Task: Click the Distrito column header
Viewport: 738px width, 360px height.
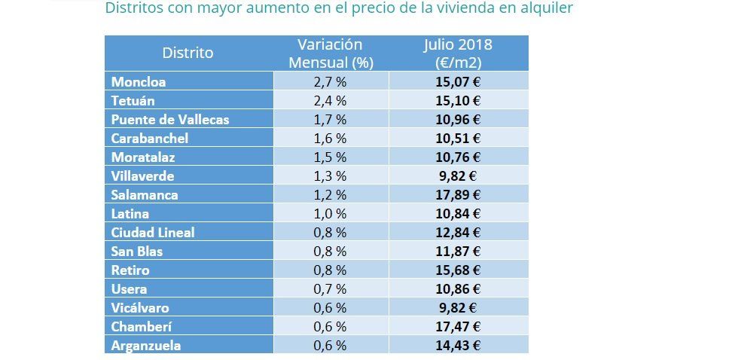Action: [188, 53]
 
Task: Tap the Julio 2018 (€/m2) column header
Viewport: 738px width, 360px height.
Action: [459, 53]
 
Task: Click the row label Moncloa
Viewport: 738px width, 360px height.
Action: [139, 81]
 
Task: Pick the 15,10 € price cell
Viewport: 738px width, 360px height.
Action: [459, 100]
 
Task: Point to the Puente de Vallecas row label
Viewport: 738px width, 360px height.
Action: [170, 119]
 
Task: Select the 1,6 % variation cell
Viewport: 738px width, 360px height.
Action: [330, 138]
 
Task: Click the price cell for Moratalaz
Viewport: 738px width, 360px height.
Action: [459, 157]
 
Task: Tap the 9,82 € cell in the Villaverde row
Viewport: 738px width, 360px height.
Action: [459, 175]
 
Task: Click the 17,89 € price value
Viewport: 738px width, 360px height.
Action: [459, 194]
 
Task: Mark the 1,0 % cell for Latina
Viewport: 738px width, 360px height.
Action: [330, 213]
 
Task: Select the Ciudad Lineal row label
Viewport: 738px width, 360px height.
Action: [153, 232]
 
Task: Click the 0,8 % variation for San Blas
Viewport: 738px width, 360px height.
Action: [330, 251]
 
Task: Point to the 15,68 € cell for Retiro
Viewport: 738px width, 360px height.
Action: [459, 270]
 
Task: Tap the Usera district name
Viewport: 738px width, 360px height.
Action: [129, 288]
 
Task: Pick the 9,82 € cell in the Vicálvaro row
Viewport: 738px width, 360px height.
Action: [459, 307]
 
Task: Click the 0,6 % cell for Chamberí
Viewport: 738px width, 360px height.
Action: [330, 326]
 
